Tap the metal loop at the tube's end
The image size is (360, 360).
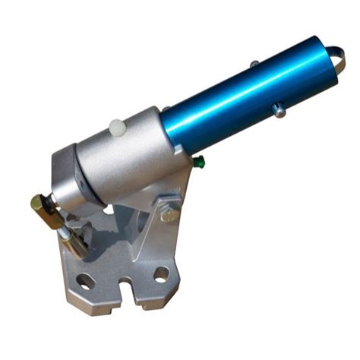tap(335, 57)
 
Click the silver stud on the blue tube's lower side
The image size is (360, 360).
tap(279, 111)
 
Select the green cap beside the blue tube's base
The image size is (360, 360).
tap(199, 160)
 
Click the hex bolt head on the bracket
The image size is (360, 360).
tap(169, 215)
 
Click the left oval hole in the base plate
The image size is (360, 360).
tap(86, 280)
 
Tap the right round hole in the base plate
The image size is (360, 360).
tap(161, 273)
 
